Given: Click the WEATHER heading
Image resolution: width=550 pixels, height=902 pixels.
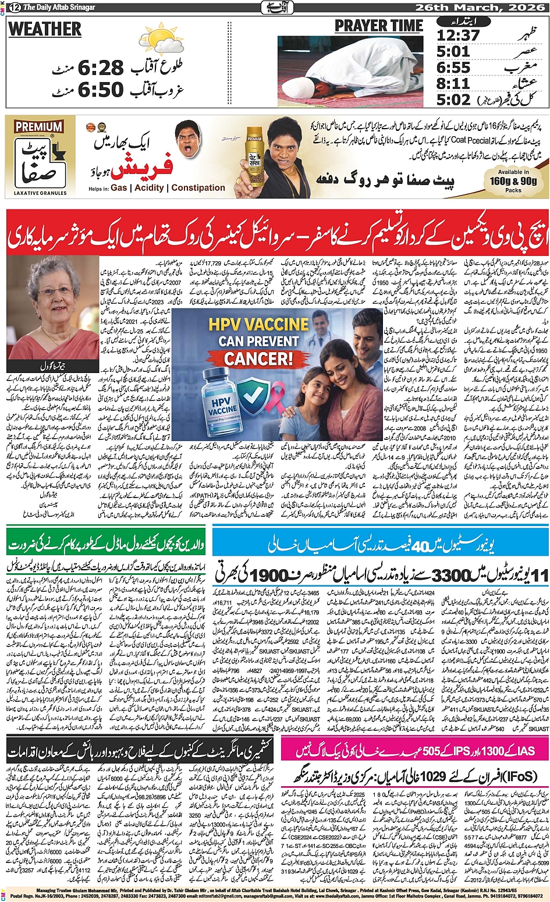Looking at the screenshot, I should (x=45, y=29).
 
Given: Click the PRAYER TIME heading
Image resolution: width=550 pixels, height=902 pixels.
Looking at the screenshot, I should (x=378, y=26).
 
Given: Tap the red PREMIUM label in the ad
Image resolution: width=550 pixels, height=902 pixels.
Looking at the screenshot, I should (x=39, y=127).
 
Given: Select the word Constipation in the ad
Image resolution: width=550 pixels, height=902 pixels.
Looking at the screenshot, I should (x=198, y=188).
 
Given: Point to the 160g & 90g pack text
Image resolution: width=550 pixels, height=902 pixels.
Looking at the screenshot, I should (x=513, y=181).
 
